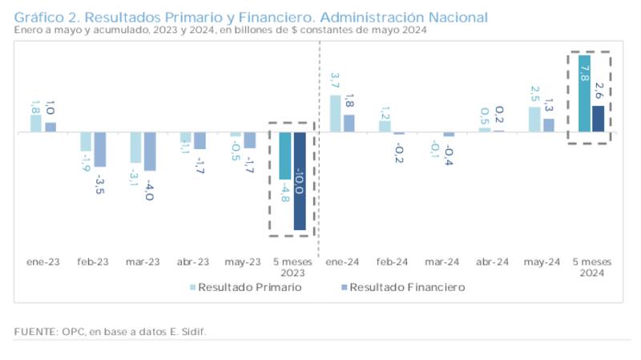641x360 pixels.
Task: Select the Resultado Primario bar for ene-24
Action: (336, 113)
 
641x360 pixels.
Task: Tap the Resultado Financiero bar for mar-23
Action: (150, 152)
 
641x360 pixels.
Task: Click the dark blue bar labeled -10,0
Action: (299, 181)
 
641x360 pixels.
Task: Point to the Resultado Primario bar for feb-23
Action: (86, 142)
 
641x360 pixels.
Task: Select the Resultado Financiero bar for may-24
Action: (549, 125)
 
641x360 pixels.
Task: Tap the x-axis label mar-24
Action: (442, 262)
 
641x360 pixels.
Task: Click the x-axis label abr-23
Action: (192, 262)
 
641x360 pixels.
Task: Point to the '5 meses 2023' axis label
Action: (293, 268)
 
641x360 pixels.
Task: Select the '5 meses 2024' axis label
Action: (591, 268)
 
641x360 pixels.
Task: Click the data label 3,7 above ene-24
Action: (336, 81)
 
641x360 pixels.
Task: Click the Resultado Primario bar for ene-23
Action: (36, 123)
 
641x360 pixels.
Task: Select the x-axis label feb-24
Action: (393, 262)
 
